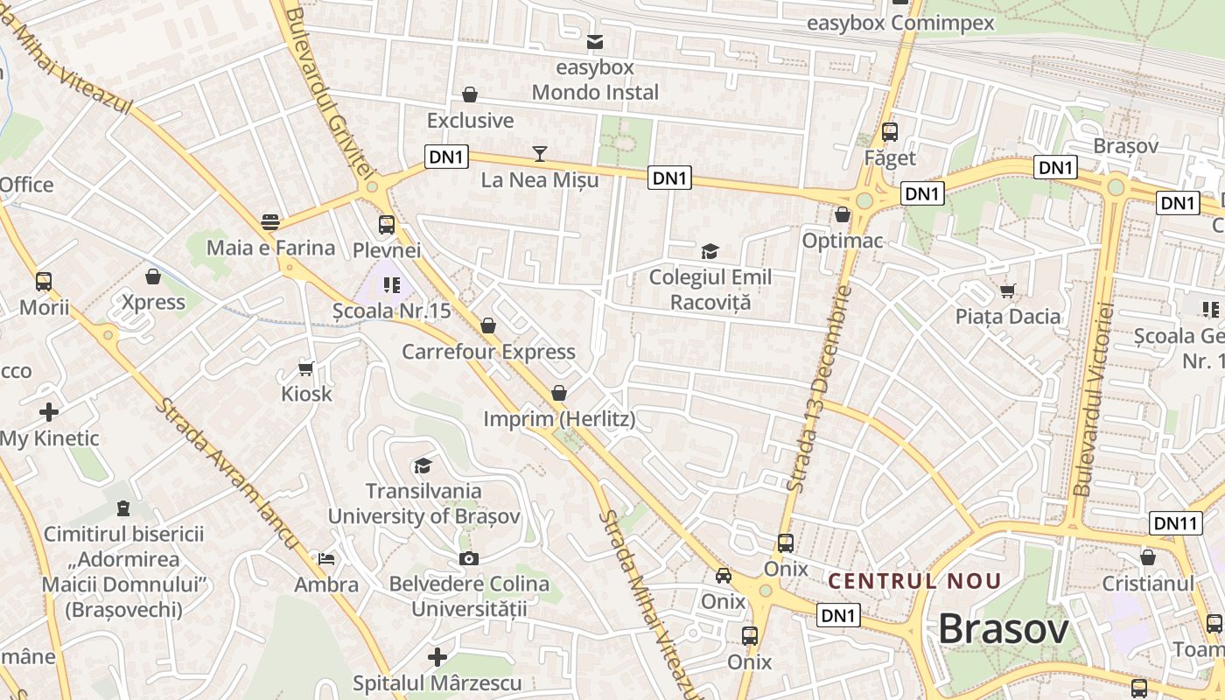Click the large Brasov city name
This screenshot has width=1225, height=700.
1004,628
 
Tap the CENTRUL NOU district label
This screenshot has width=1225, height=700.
914,581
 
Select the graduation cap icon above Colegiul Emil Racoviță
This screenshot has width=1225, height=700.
710,252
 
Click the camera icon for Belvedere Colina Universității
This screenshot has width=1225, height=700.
469,558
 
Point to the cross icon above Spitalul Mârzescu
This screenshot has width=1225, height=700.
437,656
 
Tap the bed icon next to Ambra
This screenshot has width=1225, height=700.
326,558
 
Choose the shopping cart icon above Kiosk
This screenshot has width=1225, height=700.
306,367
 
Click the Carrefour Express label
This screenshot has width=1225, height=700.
488,352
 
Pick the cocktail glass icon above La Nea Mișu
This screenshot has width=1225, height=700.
540,154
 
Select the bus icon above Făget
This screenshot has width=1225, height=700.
890,132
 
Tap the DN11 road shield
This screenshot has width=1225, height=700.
1174,523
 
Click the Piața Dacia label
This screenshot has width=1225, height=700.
1008,317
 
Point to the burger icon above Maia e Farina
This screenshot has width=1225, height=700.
270,221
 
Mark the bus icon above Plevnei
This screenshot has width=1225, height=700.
386,225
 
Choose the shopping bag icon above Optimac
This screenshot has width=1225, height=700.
843,214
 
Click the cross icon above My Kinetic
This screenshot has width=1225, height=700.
49,411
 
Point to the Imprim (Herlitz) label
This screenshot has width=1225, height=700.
559,420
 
